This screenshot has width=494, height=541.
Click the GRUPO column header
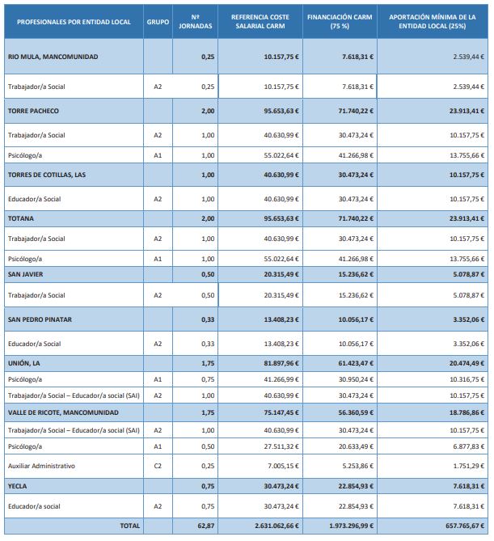158,22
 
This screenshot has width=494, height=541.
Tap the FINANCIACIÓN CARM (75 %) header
340,22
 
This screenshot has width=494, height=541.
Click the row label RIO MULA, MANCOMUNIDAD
53,57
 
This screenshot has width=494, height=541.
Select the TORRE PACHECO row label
33,110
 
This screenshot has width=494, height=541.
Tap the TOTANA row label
22,218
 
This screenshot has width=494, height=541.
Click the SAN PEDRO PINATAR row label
40,319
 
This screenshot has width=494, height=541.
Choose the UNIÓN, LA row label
26,364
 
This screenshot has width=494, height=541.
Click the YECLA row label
19,485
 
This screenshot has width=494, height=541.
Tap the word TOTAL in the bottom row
129,526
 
